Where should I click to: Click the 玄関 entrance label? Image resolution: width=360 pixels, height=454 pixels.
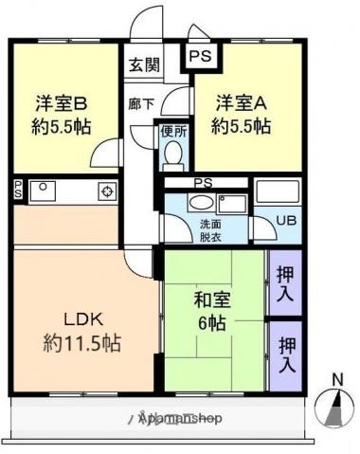(x=145, y=66)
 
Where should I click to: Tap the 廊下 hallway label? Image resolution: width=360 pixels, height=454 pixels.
(x=140, y=103)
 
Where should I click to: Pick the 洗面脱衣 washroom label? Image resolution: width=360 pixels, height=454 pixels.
(x=209, y=231)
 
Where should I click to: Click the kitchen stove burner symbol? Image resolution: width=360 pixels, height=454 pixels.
(x=106, y=192)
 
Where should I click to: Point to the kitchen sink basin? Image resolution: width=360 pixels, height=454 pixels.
(x=44, y=191)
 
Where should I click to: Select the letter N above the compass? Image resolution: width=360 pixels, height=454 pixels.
(x=336, y=381)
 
